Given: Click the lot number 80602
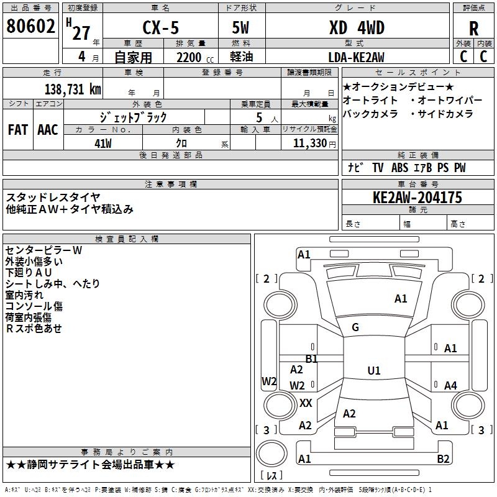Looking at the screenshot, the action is [x=30, y=26].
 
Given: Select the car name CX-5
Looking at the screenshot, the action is [x=161, y=27].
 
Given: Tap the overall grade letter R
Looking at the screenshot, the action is [x=473, y=29].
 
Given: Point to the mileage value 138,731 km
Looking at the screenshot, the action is [x=73, y=89].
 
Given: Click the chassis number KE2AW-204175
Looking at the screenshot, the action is [x=417, y=198].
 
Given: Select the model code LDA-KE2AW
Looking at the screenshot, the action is [x=356, y=57].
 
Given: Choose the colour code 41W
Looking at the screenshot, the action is [x=103, y=144].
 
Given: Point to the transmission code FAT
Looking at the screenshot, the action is [x=18, y=130].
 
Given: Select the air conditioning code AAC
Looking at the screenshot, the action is [x=48, y=130].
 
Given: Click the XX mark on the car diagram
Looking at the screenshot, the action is [x=306, y=403].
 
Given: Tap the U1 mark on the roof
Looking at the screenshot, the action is [x=374, y=370].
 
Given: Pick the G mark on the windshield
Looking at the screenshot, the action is [x=355, y=327].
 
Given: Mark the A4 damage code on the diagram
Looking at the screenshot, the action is [x=450, y=385].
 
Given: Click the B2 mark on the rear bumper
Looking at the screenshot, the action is [x=443, y=458].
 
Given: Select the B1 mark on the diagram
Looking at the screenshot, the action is [x=312, y=359].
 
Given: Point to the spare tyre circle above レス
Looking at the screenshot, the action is [x=271, y=453].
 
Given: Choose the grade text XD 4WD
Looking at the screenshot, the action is [x=357, y=28].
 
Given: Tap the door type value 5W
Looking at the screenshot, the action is [x=240, y=28].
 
